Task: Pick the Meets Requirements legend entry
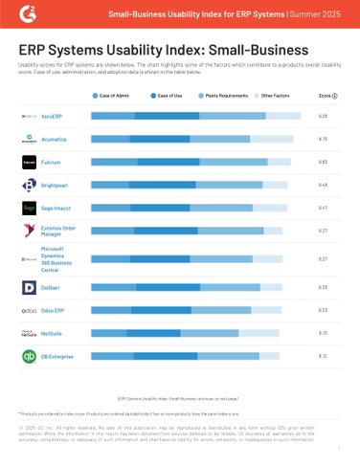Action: pos(227,96)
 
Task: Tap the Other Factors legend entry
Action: pos(275,96)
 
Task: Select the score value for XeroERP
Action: pos(324,115)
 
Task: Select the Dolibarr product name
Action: pos(54,286)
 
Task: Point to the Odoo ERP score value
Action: pos(324,310)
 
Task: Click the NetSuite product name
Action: pos(55,333)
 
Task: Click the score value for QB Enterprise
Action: pos(324,356)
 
